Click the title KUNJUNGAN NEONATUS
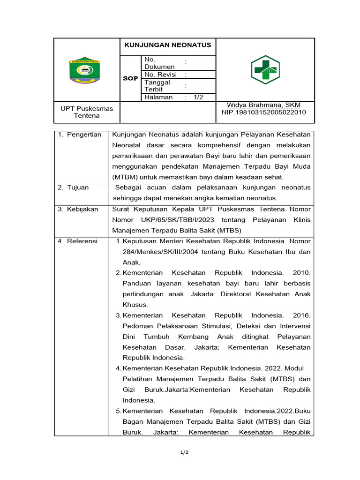click(x=167, y=45)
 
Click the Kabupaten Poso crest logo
click(x=84, y=70)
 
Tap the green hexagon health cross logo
click(x=265, y=69)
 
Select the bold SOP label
click(x=130, y=78)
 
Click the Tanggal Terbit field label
click(x=157, y=86)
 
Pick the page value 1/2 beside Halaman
click(x=198, y=97)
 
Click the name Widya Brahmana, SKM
click(x=263, y=105)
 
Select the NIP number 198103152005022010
click(x=263, y=112)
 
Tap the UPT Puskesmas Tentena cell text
click(x=87, y=112)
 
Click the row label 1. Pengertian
click(x=80, y=135)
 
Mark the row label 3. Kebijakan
click(x=78, y=209)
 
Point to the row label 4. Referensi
click(x=78, y=241)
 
